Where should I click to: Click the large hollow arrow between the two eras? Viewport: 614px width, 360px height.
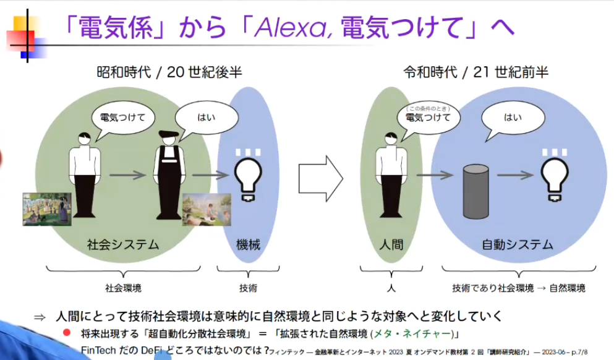320,178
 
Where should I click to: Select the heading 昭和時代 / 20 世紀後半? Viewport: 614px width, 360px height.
169,72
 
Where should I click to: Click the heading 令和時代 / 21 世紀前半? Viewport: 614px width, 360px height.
475,72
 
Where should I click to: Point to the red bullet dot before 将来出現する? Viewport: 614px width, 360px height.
67,333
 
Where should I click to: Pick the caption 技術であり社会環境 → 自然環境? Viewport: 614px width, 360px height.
518,288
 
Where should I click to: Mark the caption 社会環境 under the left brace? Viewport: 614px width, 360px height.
123,288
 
